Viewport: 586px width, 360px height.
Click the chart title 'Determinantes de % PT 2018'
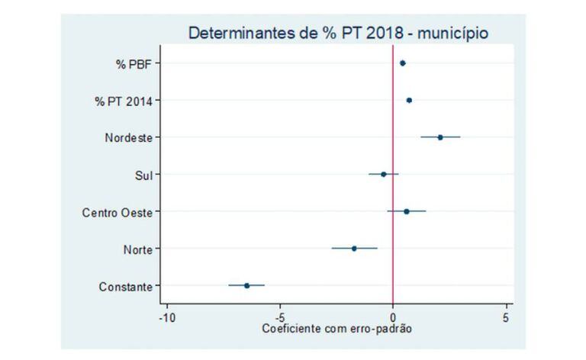coord(339,34)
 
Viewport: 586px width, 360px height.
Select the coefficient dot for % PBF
coord(403,63)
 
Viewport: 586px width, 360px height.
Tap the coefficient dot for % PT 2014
coord(409,100)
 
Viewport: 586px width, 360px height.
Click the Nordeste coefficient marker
coord(440,137)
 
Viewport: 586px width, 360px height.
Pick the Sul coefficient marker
coord(383,174)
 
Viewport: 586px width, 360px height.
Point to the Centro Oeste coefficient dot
coord(407,211)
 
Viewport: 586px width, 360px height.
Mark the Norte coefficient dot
coord(354,248)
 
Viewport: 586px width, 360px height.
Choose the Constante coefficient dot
coord(246,285)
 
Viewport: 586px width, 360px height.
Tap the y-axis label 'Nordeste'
coord(128,138)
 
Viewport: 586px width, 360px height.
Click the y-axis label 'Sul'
coord(143,175)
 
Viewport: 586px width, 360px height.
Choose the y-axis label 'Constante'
coord(126,287)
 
